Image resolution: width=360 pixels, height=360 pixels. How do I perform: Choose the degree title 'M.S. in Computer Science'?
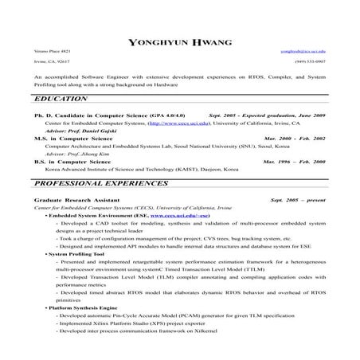tap(72, 139)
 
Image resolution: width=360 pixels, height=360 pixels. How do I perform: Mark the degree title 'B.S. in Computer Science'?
tap(72, 162)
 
